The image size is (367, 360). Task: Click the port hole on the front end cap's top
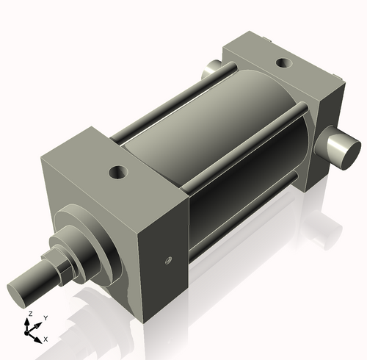tap(117, 173)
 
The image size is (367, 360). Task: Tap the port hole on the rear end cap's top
tap(282, 62)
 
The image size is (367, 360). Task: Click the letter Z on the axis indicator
tap(29, 314)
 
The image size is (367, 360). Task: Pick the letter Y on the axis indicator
tap(45, 317)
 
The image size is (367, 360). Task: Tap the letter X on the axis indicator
tap(46, 339)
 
